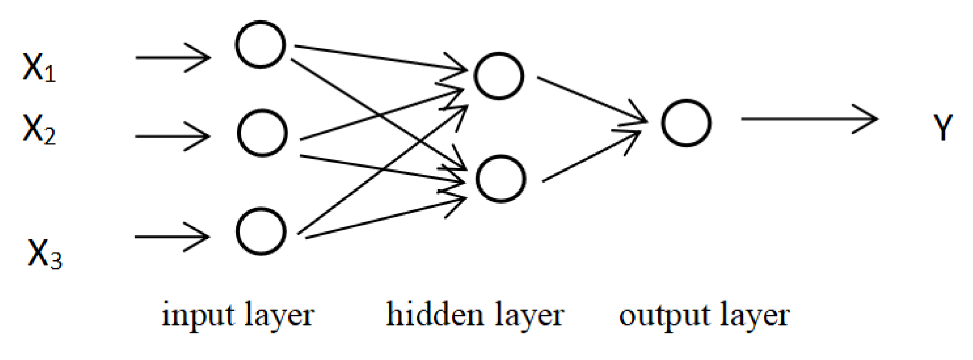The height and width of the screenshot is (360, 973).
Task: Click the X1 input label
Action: (x=39, y=67)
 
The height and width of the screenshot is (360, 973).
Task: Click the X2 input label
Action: (x=39, y=129)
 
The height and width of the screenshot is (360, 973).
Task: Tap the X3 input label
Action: (x=44, y=253)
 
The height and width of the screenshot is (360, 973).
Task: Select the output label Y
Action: (x=943, y=129)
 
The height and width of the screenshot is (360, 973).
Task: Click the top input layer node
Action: (x=261, y=45)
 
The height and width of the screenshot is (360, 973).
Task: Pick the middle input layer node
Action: (x=262, y=133)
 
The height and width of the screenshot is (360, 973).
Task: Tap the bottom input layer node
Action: (x=261, y=231)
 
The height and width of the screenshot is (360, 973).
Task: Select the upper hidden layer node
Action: (x=499, y=76)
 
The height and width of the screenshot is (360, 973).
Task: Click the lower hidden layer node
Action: (x=500, y=179)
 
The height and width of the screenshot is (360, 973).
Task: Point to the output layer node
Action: (x=686, y=123)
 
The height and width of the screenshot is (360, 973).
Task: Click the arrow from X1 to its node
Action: (x=173, y=57)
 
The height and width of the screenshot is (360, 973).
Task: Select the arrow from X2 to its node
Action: (x=173, y=136)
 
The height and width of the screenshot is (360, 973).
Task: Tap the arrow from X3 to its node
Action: (x=172, y=237)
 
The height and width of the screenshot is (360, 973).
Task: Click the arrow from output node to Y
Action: (x=809, y=119)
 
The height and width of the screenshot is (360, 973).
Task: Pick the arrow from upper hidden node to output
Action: (x=592, y=100)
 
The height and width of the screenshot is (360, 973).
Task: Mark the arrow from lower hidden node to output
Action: (x=592, y=156)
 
